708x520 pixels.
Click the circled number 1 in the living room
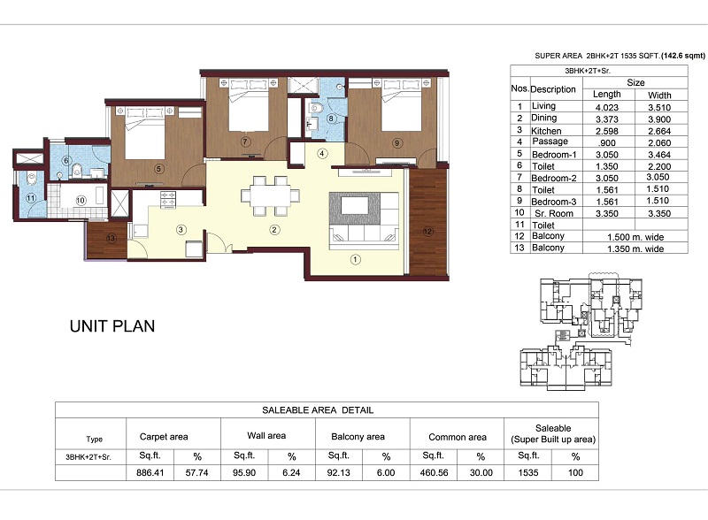coord(356,259)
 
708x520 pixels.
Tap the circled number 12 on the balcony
coord(427,232)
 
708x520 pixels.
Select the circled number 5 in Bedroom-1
coord(158,169)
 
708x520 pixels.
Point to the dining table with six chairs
coord(270,195)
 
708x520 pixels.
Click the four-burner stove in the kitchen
coord(168,200)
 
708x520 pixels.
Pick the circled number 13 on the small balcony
coord(112,239)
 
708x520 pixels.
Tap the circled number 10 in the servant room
coord(81,200)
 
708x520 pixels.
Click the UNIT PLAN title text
coord(112,326)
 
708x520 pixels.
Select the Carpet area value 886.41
coord(150,473)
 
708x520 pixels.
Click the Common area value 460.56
coord(434,473)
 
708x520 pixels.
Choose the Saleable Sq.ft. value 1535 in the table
coord(528,473)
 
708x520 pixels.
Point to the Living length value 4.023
coord(607,107)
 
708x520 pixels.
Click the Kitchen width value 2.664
coord(659,131)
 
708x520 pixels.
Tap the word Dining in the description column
coord(543,118)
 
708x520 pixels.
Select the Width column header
coord(659,96)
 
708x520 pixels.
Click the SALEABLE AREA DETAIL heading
coord(318,410)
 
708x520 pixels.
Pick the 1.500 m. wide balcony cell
coord(635,237)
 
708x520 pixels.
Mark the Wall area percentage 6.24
coord(291,473)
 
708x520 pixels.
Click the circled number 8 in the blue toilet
coord(331,119)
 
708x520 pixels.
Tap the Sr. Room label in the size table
coord(554,213)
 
